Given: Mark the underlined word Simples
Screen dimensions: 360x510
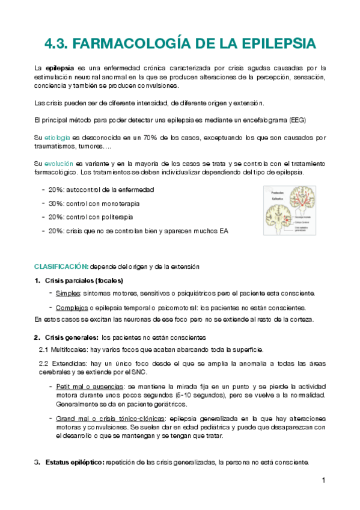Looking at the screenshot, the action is point(67,293).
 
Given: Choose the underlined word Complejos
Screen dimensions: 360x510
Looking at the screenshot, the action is point(71,308).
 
